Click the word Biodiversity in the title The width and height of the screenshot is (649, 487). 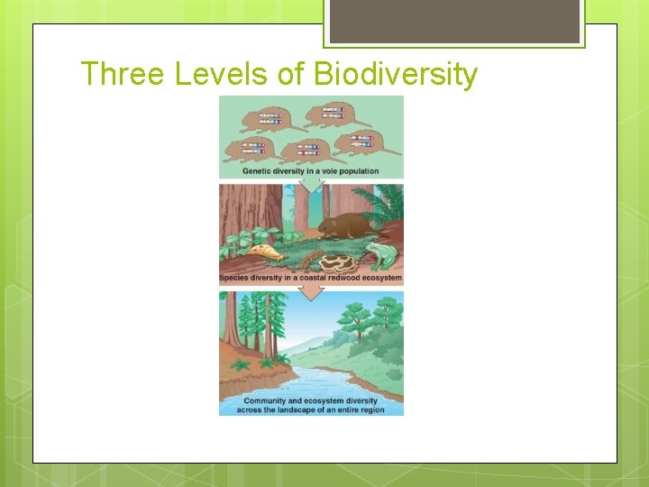395,74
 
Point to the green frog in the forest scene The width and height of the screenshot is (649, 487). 382,254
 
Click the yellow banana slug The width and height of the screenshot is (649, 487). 262,252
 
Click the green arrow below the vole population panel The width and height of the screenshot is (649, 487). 311,184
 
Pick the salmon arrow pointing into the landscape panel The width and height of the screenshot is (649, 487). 311,290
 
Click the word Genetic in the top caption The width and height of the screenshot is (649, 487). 258,171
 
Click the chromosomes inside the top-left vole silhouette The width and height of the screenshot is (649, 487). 270,117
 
